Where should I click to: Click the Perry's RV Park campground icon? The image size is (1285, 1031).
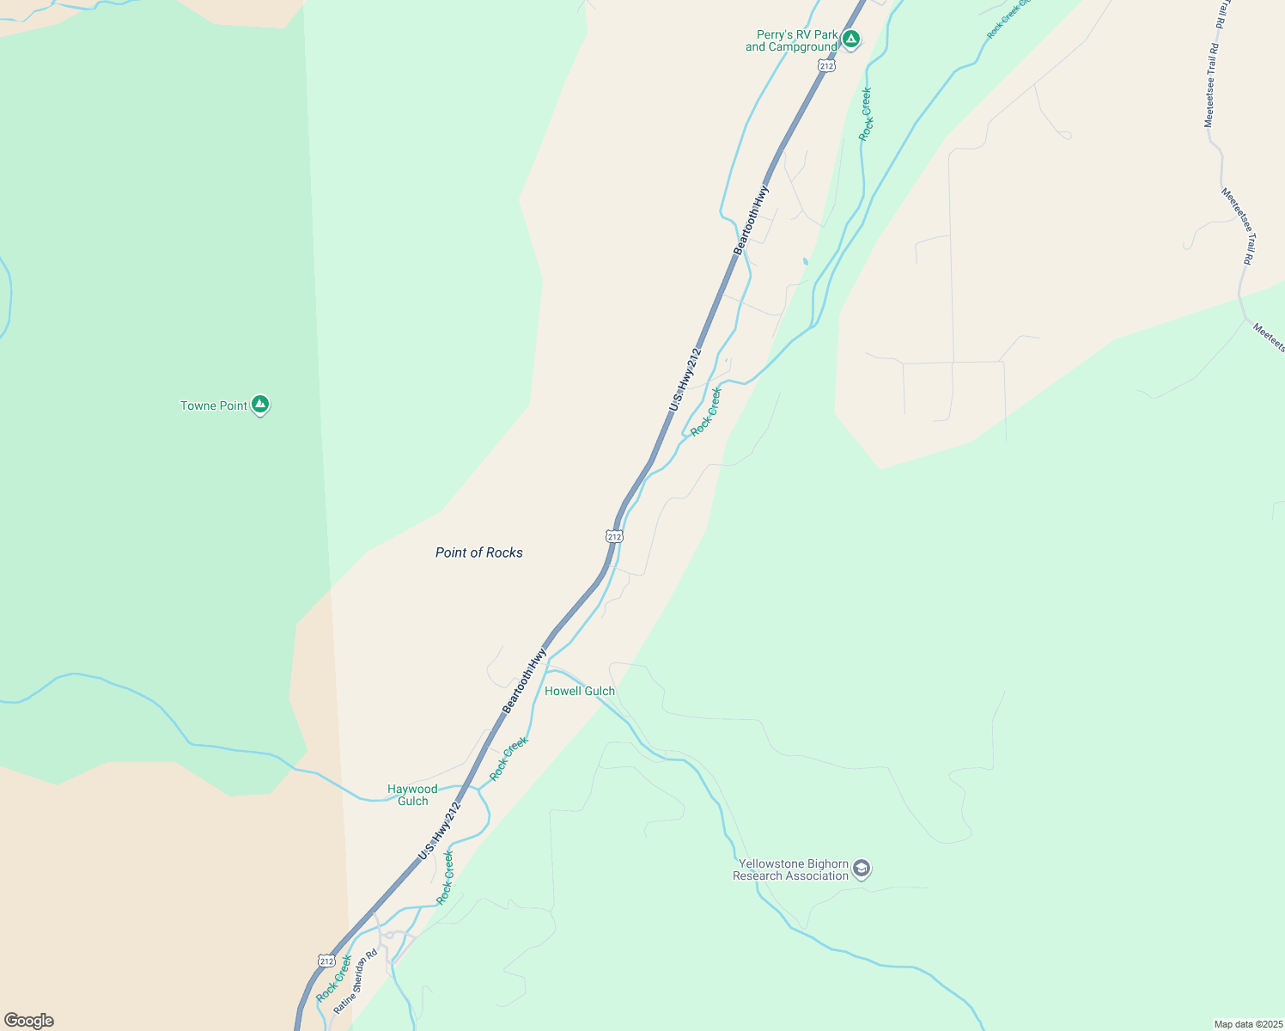coord(850,39)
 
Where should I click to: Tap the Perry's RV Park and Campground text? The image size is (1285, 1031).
coord(791,41)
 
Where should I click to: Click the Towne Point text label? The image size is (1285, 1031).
coord(214,406)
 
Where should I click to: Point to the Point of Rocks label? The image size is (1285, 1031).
coord(478,552)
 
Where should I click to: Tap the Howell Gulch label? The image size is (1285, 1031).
coord(580,691)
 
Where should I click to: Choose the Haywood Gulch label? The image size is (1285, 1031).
coord(412,795)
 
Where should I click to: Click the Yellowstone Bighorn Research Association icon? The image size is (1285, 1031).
coord(862,869)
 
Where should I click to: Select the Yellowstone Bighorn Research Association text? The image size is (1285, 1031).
coord(790,869)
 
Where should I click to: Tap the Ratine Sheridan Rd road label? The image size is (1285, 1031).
coord(356,980)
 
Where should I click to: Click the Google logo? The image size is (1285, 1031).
coord(29,1021)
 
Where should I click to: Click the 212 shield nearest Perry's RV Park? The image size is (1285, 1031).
coord(826,65)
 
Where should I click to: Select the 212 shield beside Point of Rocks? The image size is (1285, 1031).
coord(613,536)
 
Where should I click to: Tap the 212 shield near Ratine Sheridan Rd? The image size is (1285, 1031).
coord(326,960)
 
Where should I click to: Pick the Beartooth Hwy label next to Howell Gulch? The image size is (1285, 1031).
coord(524,680)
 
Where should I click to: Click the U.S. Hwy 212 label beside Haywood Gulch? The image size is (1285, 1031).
coord(440,831)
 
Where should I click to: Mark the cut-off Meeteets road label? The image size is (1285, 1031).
coord(1268,337)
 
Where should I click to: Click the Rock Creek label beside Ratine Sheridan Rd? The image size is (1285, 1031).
coord(333,979)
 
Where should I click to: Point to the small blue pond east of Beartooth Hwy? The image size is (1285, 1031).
coord(805,261)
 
